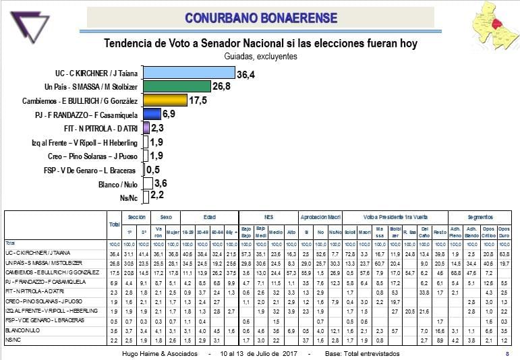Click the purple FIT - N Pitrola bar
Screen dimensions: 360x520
click(145, 128)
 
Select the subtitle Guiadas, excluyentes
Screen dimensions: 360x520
click(260, 57)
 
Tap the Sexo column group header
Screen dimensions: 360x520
click(165, 218)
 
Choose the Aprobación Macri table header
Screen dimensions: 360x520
click(320, 218)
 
